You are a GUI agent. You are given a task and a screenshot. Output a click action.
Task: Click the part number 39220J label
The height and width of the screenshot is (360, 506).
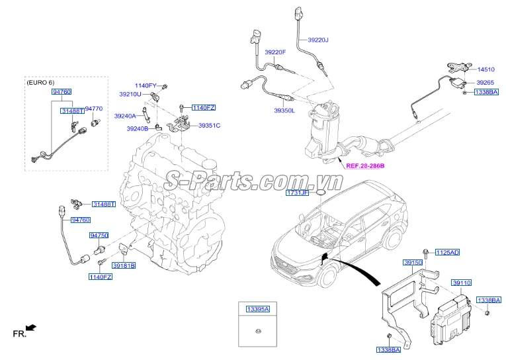[318, 40]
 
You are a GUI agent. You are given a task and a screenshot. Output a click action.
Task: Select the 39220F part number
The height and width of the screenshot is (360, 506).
[275, 52]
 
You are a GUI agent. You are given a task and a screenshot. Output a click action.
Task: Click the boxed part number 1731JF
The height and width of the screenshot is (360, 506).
[298, 193]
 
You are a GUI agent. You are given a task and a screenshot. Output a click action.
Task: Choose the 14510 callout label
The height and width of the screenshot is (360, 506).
[486, 69]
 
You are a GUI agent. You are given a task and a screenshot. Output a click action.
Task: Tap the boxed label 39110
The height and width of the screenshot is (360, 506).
[462, 283]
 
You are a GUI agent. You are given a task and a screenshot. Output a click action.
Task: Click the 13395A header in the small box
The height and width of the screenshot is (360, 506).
[258, 309]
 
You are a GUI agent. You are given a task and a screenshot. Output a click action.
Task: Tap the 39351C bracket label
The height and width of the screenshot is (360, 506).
[210, 126]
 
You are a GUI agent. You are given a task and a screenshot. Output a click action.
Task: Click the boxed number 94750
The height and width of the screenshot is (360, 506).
[99, 235]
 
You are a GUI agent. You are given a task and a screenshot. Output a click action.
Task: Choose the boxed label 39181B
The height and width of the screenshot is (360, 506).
[124, 265]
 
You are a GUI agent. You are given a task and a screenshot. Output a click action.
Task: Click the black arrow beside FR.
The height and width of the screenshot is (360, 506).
[30, 328]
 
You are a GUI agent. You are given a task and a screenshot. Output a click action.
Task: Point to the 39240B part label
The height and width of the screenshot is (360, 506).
[138, 128]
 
